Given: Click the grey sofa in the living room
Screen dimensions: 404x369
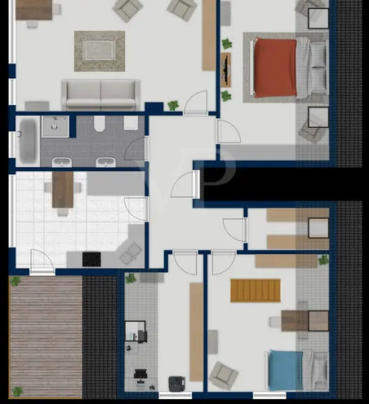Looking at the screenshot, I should (x=101, y=93).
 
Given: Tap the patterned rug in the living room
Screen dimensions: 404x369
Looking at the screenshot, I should (x=100, y=50).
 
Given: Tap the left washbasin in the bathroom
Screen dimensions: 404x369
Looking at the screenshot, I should (x=104, y=161).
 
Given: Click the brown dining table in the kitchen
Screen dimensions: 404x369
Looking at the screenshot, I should (x=63, y=189).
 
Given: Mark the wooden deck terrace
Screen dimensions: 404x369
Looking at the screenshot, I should (x=45, y=336).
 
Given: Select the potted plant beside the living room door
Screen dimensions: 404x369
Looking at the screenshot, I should (x=173, y=105).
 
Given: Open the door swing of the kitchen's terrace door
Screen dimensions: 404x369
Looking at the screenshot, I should (x=42, y=261).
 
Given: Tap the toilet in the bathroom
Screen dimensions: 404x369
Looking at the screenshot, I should (x=99, y=125).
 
